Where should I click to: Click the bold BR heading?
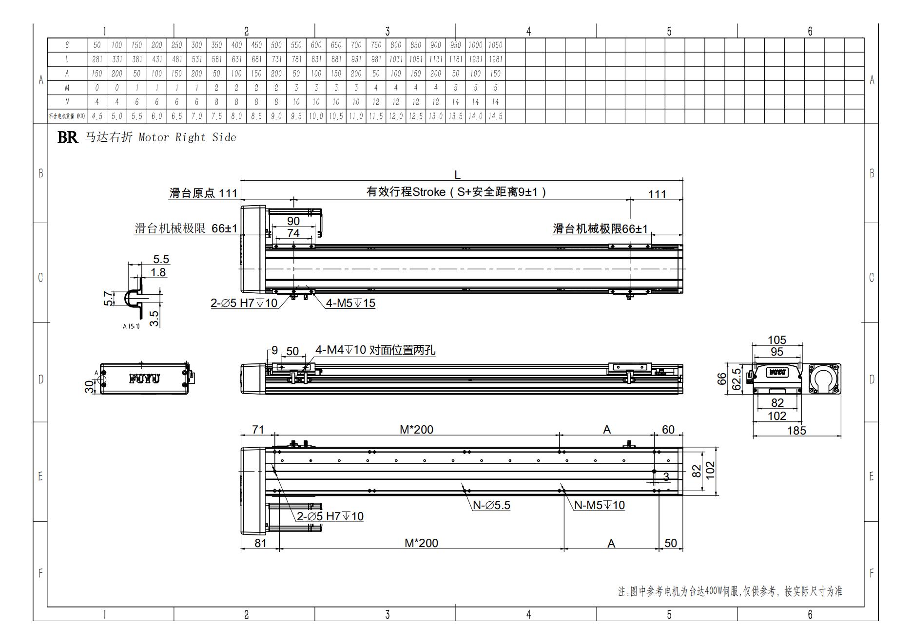pyautogui.click(x=67, y=137)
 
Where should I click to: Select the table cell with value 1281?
pyautogui.click(x=495, y=59)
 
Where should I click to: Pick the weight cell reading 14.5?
pyautogui.click(x=495, y=116)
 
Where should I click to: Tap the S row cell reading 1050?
pyautogui.click(x=495, y=45)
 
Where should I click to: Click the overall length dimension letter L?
pyautogui.click(x=457, y=175)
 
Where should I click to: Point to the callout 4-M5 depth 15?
pyautogui.click(x=350, y=303)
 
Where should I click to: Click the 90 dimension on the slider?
pyautogui.click(x=293, y=221)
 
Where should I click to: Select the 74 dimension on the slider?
pyautogui.click(x=293, y=233)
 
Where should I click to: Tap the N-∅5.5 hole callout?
pyautogui.click(x=491, y=506)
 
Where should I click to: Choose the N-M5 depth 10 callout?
pyautogui.click(x=599, y=506)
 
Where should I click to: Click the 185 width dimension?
pyautogui.click(x=796, y=431)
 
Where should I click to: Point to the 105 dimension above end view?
pyautogui.click(x=777, y=340)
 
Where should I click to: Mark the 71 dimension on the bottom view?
pyautogui.click(x=258, y=430)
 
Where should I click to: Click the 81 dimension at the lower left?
pyautogui.click(x=260, y=543)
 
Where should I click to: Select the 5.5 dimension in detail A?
pyautogui.click(x=161, y=259)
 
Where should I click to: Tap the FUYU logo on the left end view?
pyautogui.click(x=144, y=379)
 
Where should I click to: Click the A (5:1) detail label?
pyautogui.click(x=131, y=326)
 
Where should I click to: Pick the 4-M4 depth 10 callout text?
pyautogui.click(x=375, y=350)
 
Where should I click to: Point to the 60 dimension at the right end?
pyautogui.click(x=668, y=430)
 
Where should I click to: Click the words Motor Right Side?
pyautogui.click(x=187, y=138)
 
